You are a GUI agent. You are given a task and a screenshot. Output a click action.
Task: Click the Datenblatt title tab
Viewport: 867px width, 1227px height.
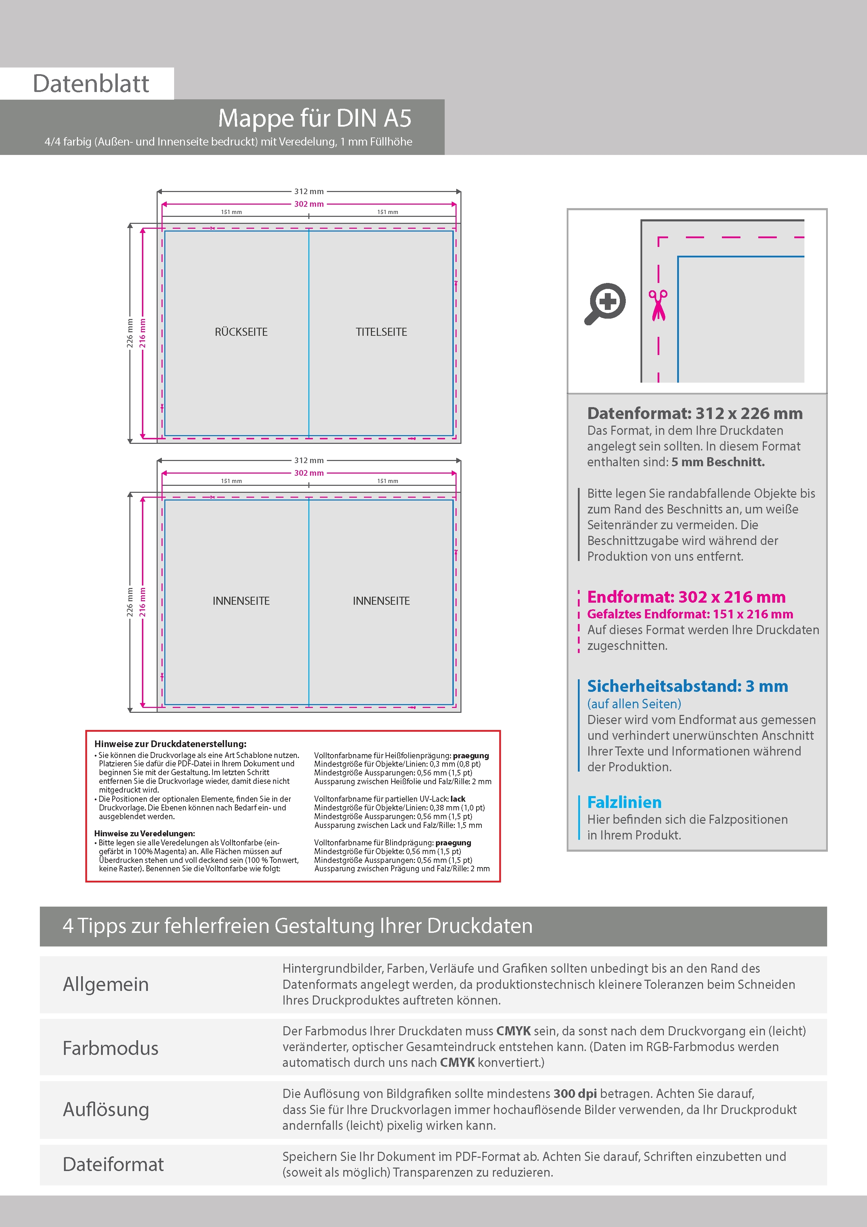(x=91, y=83)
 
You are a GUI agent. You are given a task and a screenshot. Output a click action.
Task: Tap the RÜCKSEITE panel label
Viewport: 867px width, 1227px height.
(x=241, y=332)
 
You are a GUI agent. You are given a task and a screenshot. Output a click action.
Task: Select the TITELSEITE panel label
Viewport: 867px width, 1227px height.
(x=381, y=332)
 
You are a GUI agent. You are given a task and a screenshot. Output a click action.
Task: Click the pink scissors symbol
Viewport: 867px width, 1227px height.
(x=658, y=305)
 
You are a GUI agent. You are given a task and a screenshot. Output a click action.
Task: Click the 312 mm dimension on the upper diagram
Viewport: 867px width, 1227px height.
(x=309, y=191)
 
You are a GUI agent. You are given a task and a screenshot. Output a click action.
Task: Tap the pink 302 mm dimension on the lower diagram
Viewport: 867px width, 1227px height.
(x=309, y=473)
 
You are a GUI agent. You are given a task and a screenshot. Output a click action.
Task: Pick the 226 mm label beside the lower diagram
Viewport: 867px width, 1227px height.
(x=130, y=602)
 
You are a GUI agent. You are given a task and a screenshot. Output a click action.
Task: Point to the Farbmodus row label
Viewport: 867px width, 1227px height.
(x=110, y=1048)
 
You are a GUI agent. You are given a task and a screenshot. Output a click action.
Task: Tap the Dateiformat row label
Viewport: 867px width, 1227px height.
(x=113, y=1164)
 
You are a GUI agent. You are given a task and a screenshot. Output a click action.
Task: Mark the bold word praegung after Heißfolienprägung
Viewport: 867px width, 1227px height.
(x=471, y=755)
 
